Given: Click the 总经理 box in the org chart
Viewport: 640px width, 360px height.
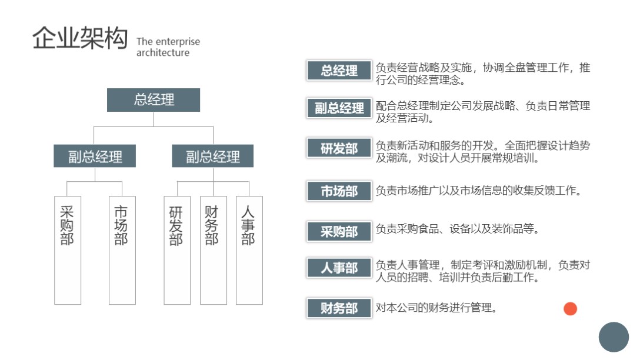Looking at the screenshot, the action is [154, 100].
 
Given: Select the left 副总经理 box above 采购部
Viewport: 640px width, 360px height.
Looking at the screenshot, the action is [95, 156].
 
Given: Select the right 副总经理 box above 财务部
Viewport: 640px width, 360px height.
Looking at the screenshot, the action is [213, 156].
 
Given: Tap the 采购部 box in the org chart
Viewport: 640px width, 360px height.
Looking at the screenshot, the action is [68, 250].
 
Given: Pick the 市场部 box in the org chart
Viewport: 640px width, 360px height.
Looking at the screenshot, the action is [122, 250].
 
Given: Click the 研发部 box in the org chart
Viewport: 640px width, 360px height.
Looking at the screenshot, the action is [176, 250].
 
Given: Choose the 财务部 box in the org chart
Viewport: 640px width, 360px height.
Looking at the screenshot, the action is [213, 250].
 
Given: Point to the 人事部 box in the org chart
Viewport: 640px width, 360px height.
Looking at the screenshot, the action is [249, 250].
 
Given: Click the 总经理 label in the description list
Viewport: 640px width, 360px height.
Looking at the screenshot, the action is [339, 71].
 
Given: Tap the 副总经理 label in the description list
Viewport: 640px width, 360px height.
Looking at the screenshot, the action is [339, 108].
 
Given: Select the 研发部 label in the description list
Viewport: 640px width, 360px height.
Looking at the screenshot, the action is [339, 148].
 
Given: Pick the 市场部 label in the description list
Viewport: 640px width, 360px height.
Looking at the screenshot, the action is [339, 191].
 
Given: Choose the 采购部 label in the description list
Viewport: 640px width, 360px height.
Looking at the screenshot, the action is [339, 231].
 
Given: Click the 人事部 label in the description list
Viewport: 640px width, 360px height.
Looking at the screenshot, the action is [339, 268].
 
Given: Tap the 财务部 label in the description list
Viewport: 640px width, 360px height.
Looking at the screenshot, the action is [339, 308].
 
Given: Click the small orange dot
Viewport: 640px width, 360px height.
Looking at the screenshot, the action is [570, 308].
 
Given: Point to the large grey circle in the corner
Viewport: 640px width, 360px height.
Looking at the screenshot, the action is [614, 337].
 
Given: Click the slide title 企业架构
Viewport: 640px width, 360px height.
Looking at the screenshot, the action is [79, 39].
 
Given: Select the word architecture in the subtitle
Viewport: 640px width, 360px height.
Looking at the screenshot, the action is [163, 53].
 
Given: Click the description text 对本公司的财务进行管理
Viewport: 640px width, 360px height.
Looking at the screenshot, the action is [436, 307].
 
